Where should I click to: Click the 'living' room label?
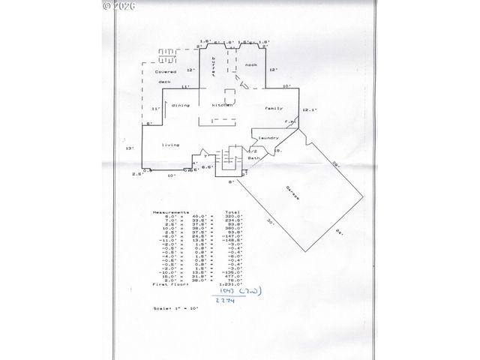coord(171,145)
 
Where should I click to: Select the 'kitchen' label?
coord(223,106)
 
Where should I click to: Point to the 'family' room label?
coord(274,109)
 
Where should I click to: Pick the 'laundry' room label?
coord(268,138)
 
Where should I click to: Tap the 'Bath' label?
coord(253,158)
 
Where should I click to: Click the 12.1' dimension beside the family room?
coord(309,110)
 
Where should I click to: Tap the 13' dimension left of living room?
coord(130,148)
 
